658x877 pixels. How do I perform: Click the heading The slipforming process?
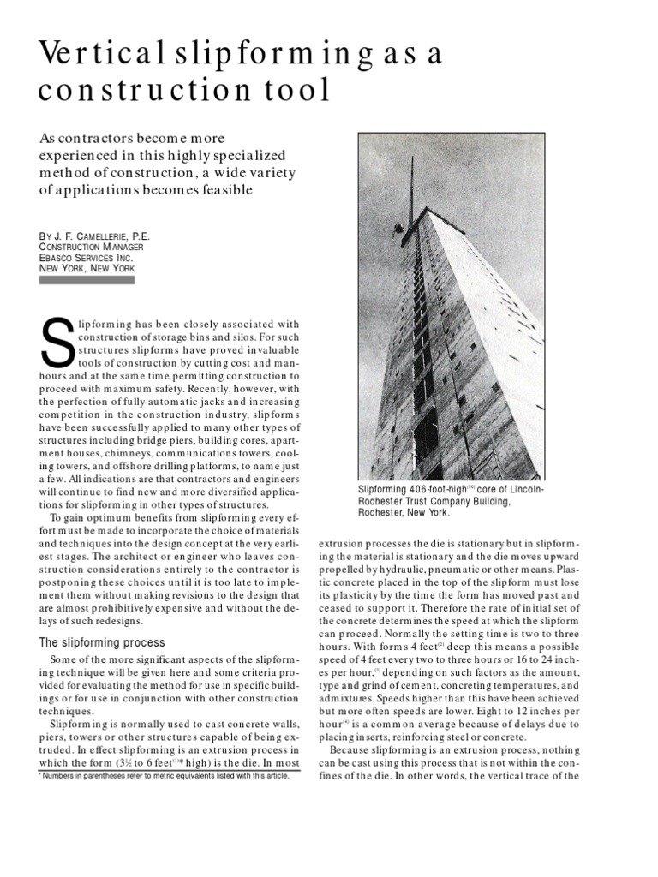pyautogui.click(x=103, y=642)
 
